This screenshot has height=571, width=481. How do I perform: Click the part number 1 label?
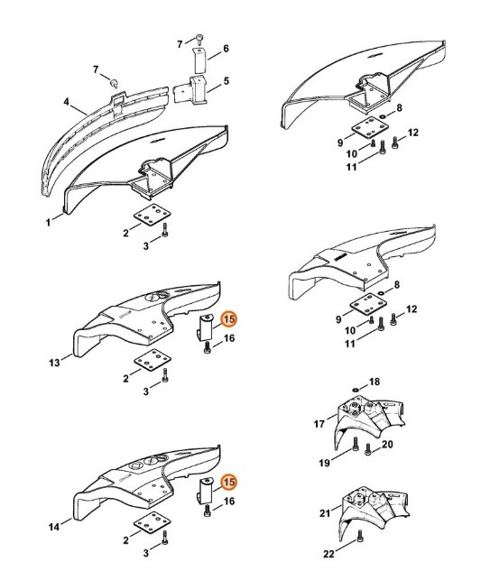click(x=48, y=222)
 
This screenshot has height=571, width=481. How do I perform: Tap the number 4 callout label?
click(x=66, y=102)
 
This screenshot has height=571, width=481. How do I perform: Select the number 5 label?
click(x=227, y=80)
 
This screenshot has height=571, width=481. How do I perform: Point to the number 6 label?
click(x=226, y=49)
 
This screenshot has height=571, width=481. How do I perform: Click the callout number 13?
click(x=54, y=363)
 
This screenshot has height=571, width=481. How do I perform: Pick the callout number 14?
click(x=54, y=527)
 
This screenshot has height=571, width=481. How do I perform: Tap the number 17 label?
click(x=319, y=424)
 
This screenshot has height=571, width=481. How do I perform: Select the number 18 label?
click(x=375, y=382)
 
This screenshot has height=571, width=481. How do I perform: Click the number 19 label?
click(x=324, y=463)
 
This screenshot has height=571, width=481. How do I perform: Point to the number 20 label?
click(x=387, y=445)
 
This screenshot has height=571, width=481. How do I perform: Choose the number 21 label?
click(x=325, y=513)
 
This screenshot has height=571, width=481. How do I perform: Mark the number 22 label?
click(x=328, y=554)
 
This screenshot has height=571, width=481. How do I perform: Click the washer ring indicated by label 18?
click(x=356, y=390)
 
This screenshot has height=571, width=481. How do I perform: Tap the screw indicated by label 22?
click(x=360, y=535)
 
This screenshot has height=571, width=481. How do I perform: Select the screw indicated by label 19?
click(x=356, y=444)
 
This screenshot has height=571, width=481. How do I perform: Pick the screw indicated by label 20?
click(x=367, y=449)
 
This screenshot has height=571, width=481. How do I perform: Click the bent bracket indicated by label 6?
click(x=199, y=60)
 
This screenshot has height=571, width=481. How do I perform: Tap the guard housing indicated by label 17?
click(x=368, y=422)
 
